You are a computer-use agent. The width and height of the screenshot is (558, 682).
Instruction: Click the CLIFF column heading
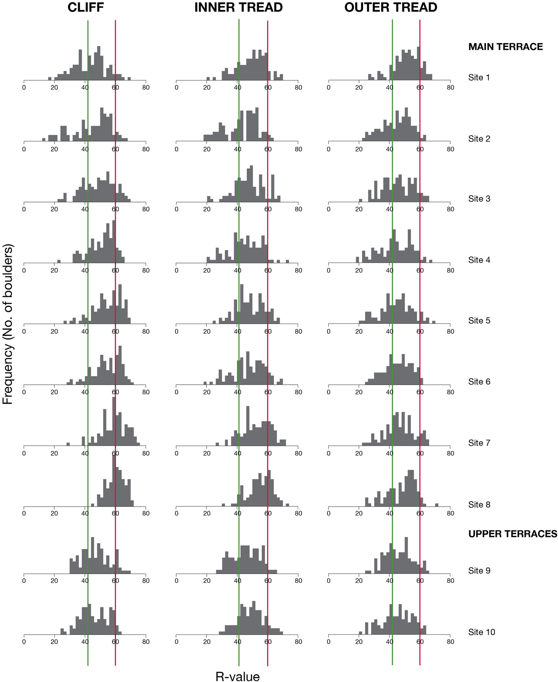pyautogui.click(x=86, y=7)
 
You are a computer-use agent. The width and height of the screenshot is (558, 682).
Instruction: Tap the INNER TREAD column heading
pyautogui.click(x=238, y=7)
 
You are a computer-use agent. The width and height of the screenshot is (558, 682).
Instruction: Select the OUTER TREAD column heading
pyautogui.click(x=391, y=7)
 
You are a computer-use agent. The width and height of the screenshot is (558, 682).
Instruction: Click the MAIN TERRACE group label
pyautogui.click(x=505, y=47)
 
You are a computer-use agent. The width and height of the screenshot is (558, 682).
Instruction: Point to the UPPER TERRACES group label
pyautogui.click(x=513, y=534)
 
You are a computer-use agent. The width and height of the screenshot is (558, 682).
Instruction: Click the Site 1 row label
pyautogui.click(x=479, y=77)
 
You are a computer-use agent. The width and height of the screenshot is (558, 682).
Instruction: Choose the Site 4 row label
pyautogui.click(x=479, y=260)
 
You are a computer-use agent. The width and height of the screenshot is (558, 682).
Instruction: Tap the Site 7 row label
pyautogui.click(x=479, y=443)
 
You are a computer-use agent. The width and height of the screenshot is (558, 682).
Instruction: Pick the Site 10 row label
pyautogui.click(x=481, y=632)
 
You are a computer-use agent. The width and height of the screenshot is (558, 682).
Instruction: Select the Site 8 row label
pyautogui.click(x=479, y=505)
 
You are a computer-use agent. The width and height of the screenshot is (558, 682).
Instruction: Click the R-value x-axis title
pyautogui.click(x=238, y=676)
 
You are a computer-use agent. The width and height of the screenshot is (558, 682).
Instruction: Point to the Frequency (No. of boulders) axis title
pyautogui.click(x=8, y=324)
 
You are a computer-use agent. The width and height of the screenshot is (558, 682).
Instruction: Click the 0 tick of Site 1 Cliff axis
pyautogui.click(x=24, y=88)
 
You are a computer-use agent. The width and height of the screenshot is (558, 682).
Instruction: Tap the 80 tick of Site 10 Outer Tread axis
pyautogui.click(x=450, y=642)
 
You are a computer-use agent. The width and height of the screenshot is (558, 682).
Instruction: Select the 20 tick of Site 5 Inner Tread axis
pyautogui.click(x=207, y=331)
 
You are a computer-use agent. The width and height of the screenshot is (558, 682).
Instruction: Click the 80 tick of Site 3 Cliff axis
pyautogui.click(x=146, y=209)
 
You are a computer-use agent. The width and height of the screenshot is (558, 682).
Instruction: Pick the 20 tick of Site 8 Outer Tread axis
pyautogui.click(x=359, y=513)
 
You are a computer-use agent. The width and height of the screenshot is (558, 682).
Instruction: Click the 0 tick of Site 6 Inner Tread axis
pyautogui.click(x=177, y=392)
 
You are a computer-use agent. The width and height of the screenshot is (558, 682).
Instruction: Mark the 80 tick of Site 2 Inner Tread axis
pyautogui.click(x=298, y=149)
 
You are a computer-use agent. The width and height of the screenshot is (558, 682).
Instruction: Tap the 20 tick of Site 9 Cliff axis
pyautogui.click(x=55, y=581)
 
